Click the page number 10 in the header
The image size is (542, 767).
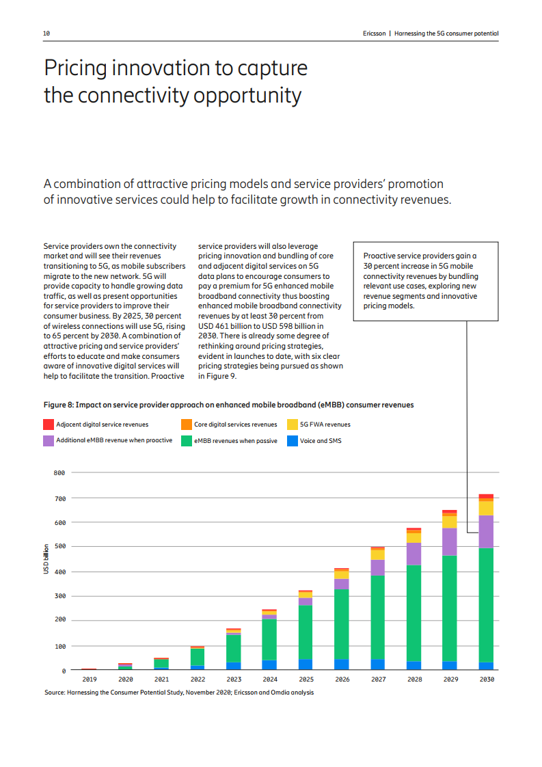click(46, 33)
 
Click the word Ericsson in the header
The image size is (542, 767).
click(375, 33)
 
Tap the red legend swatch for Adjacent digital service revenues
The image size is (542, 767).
click(49, 425)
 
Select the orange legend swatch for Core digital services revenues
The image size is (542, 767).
click(186, 425)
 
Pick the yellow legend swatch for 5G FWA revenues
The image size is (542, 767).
click(292, 425)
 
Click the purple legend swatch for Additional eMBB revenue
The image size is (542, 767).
click(49, 441)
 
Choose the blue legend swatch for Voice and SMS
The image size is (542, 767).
click(292, 441)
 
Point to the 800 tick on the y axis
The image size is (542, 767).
click(59, 472)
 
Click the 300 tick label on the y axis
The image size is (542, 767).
click(59, 596)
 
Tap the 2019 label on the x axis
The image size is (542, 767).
click(89, 679)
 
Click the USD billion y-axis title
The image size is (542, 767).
click(46, 559)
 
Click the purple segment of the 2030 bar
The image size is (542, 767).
click(486, 531)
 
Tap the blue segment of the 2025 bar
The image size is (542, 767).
click(306, 664)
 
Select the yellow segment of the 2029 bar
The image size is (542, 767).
click(450, 521)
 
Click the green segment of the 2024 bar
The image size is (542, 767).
click(269, 639)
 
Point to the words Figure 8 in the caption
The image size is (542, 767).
click(59, 405)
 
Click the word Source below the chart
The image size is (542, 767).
click(55, 692)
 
